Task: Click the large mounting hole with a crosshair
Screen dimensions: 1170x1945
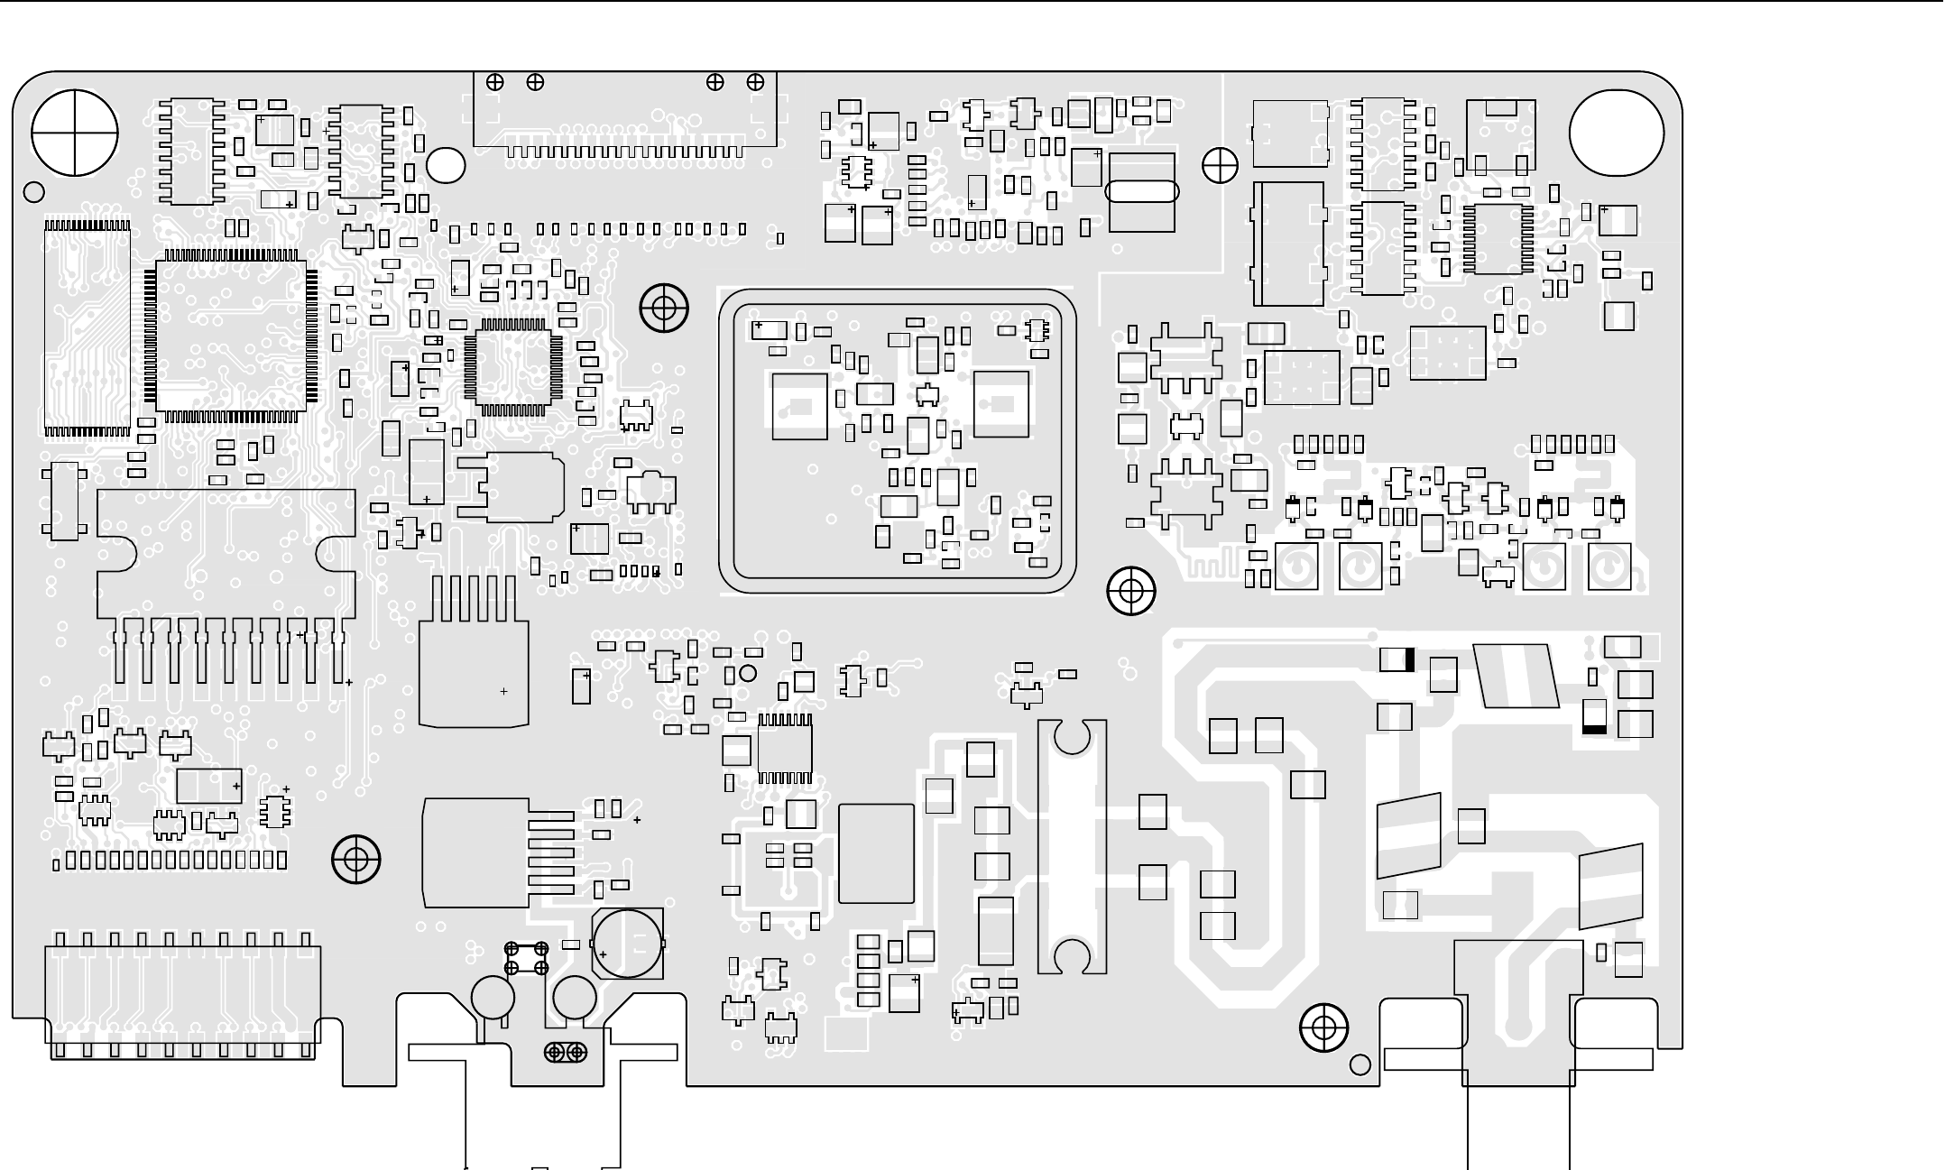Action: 75,134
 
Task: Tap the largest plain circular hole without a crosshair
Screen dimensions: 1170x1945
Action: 1616,134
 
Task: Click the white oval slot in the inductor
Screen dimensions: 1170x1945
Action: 1141,192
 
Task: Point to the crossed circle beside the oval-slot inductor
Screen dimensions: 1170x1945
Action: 1220,166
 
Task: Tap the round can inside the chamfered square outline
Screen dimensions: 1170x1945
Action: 627,944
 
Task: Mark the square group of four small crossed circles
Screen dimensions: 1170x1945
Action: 526,958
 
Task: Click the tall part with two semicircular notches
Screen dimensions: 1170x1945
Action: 1072,846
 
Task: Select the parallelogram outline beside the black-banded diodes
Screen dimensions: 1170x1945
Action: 1516,676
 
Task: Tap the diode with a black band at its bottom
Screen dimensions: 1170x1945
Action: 1594,716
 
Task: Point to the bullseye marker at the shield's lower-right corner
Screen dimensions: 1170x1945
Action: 1131,591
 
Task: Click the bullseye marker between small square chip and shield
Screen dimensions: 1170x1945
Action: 664,309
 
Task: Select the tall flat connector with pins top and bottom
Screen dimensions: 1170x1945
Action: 87,327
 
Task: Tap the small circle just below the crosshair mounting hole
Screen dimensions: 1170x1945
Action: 33,191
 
